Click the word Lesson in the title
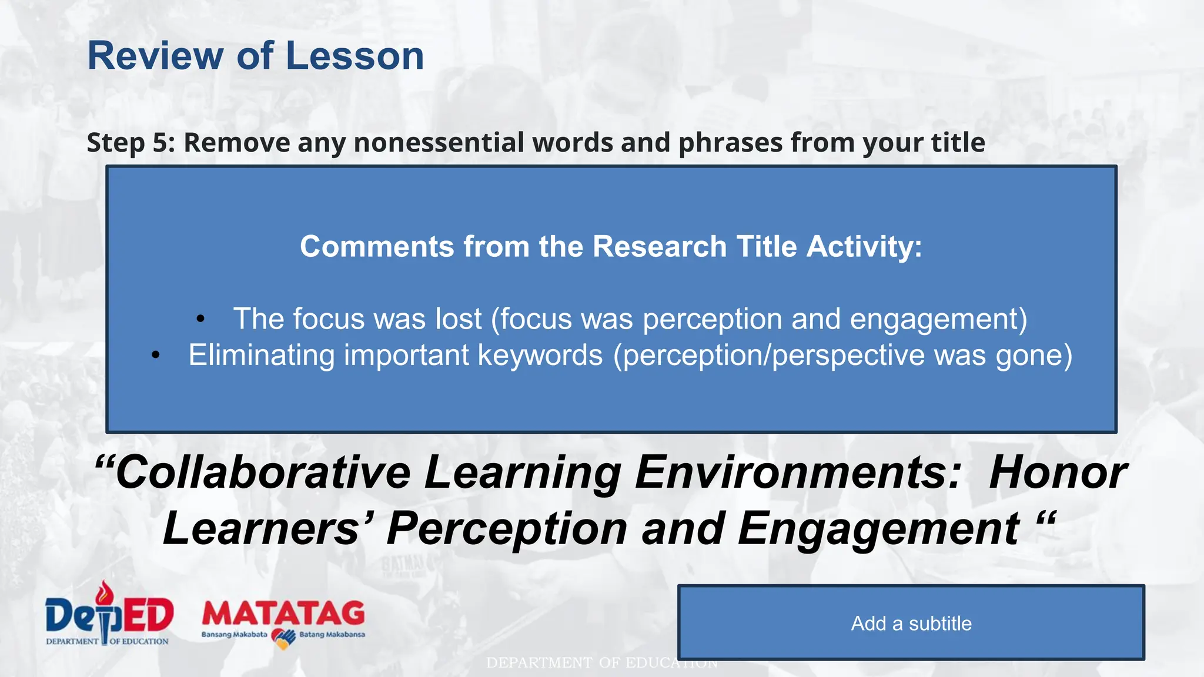point(354,56)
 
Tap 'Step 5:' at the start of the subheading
point(131,143)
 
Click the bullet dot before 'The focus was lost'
point(200,320)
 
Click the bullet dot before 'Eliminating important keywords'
point(156,356)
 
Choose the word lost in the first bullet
point(459,319)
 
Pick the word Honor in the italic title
point(1057,472)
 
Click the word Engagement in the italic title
point(878,528)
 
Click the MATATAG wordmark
point(283,614)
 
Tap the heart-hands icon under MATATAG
point(283,638)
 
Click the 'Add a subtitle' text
point(911,624)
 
